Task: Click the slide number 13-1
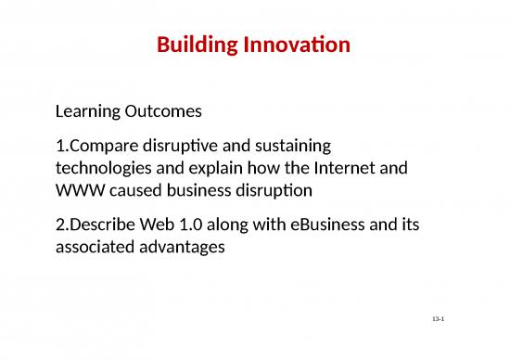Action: click(x=440, y=319)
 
